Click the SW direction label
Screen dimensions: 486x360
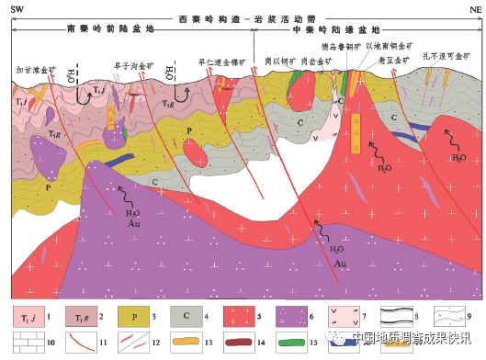[x=16, y=7]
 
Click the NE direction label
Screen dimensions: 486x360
[x=469, y=7]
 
